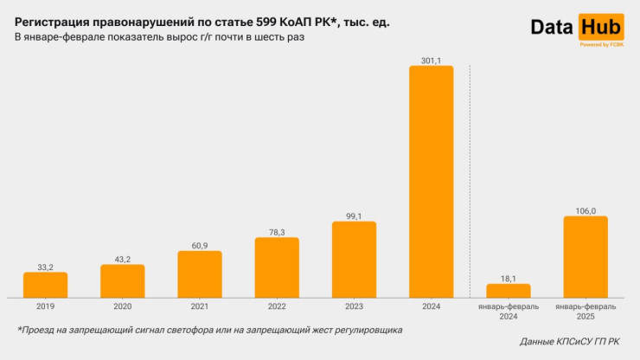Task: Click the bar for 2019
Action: tap(45, 285)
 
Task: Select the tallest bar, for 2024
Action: tap(431, 182)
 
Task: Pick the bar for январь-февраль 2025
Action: tap(586, 256)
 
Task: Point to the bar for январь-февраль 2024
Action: tap(509, 290)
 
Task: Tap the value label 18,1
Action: tap(509, 278)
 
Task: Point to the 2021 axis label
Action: tap(199, 306)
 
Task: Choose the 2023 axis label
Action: tap(354, 306)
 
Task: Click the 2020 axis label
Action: tap(122, 306)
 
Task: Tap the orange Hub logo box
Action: tap(601, 27)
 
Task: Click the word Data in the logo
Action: tap(553, 28)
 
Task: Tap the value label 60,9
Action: tap(199, 246)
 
